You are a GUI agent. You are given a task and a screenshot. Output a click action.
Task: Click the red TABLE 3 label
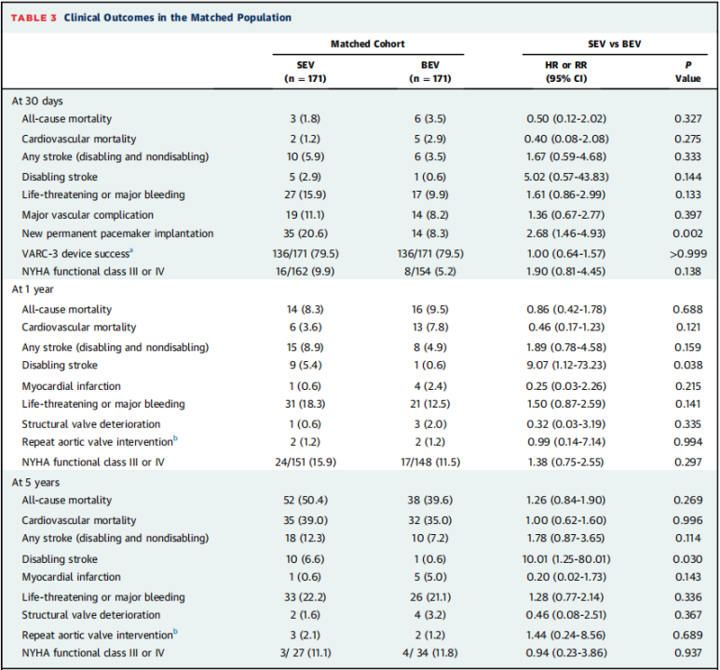point(34,18)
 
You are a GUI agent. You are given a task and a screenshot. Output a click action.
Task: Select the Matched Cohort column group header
point(368,44)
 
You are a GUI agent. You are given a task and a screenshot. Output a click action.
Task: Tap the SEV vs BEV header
point(615,44)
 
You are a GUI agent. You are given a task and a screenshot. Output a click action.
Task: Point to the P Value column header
point(687,72)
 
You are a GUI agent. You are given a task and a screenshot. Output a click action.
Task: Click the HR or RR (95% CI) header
point(566,72)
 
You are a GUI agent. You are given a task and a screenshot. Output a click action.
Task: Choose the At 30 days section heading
point(37,100)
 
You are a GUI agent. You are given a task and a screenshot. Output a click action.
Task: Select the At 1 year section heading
point(33,289)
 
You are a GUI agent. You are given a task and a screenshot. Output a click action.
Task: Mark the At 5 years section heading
point(35,482)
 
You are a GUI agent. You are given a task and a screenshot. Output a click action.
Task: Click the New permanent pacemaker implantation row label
point(117,234)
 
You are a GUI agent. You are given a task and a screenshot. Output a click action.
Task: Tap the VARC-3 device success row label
point(77,253)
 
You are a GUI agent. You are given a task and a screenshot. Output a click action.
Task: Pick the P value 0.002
point(687,234)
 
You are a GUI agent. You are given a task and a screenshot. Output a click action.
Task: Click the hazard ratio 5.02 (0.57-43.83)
point(566,177)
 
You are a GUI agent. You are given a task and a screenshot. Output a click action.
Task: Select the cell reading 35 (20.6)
point(306,234)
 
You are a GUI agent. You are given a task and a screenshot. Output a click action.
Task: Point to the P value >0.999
point(687,254)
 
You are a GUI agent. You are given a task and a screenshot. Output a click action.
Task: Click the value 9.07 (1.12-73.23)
point(566,366)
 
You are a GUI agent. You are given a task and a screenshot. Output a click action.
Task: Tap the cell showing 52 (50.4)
point(306,501)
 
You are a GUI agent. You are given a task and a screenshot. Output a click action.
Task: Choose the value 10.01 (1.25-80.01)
point(566,559)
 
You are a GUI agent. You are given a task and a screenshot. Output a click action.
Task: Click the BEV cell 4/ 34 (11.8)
point(430,652)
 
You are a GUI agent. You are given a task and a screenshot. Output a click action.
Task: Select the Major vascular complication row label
point(88,215)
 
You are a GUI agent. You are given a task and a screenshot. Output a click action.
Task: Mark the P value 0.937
point(687,652)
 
